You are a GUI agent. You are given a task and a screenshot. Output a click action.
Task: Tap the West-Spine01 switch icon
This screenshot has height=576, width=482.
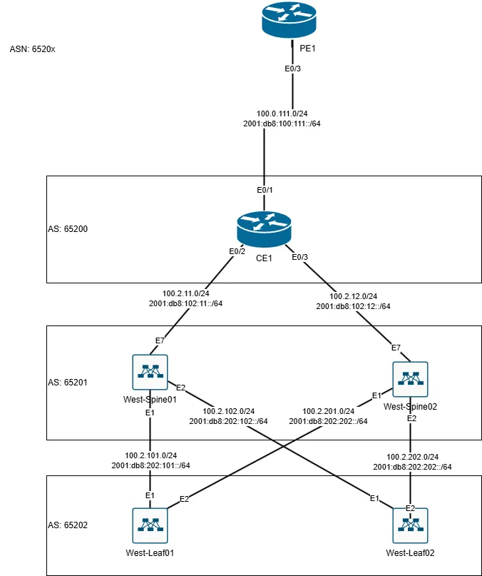tap(150, 373)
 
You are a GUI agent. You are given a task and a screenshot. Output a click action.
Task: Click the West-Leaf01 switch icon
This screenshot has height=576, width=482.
tap(150, 525)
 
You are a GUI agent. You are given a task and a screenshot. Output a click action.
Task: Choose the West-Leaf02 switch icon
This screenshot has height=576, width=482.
tap(410, 525)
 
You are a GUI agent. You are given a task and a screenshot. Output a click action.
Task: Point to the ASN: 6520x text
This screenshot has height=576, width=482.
tap(32, 50)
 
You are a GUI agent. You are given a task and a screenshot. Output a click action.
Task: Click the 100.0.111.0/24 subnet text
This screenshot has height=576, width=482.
tap(282, 113)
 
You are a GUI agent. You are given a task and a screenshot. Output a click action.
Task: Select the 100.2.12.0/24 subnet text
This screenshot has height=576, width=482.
tap(353, 296)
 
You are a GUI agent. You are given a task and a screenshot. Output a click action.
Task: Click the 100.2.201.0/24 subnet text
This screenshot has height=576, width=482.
tap(328, 411)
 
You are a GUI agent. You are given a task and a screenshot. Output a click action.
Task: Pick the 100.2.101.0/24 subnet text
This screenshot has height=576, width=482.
tap(150, 455)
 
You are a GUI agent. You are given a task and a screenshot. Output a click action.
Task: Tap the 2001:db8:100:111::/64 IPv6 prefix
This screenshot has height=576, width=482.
tap(282, 124)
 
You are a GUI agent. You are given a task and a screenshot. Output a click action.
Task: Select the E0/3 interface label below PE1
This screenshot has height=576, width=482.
tap(292, 69)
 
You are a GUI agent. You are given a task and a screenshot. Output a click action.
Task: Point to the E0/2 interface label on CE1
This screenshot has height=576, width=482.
tap(236, 251)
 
